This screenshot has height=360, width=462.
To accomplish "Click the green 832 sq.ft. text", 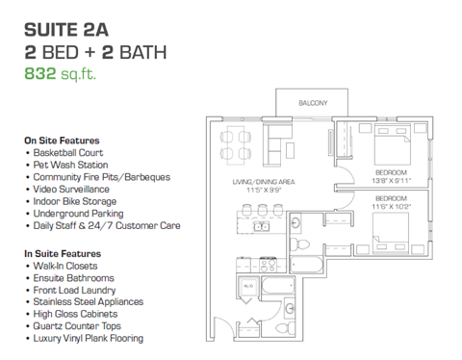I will pos(61,71).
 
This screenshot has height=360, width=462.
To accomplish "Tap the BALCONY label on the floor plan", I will pos(313,103).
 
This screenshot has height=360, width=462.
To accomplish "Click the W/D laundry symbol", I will pos(247,286).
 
